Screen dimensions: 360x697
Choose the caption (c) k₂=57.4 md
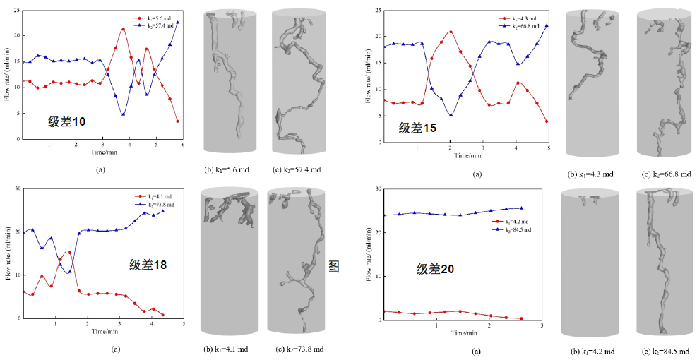tap(297, 170)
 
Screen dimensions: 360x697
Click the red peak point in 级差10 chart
tap(123, 30)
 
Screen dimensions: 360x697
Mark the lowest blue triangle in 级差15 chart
tap(450, 114)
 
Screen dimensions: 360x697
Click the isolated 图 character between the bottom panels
tap(334, 267)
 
